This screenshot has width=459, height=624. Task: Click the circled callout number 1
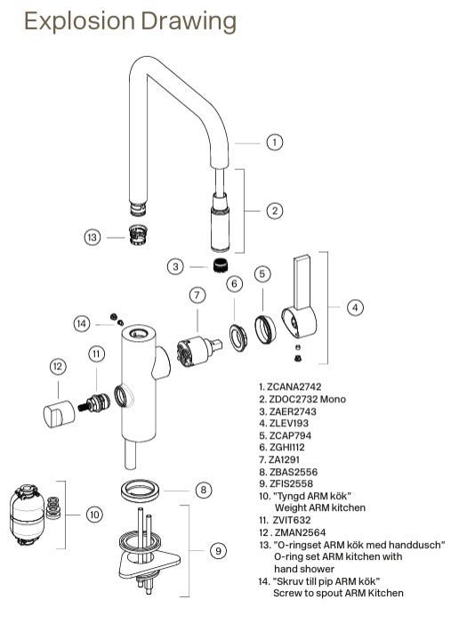[274, 142]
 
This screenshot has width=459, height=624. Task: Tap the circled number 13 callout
[92, 238]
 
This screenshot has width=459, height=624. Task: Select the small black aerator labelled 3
[217, 265]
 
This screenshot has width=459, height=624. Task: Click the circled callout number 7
[197, 296]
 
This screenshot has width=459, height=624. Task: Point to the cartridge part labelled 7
[198, 352]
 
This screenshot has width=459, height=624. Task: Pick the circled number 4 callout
[355, 307]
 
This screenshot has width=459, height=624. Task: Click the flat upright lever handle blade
[303, 282]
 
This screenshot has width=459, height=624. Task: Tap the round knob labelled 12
[59, 414]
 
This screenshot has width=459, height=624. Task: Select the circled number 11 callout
[96, 353]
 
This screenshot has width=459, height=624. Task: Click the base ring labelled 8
[140, 490]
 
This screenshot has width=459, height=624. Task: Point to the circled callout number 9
[218, 551]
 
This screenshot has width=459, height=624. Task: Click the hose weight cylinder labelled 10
[27, 514]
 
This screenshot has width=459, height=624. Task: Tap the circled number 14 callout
[82, 323]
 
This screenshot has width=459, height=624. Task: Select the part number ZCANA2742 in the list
[294, 387]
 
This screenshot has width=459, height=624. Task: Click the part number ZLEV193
[289, 423]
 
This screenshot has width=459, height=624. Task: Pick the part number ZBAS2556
[294, 472]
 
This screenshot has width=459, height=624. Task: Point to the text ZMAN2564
[300, 532]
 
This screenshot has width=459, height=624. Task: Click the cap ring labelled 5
[265, 329]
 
